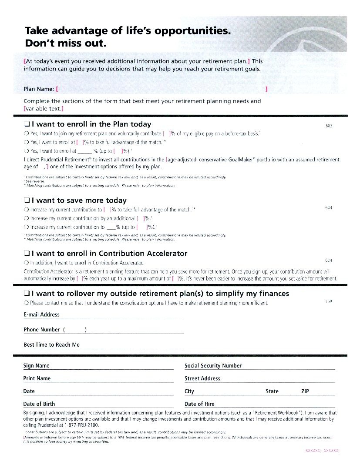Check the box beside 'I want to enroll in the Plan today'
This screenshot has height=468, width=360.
27,124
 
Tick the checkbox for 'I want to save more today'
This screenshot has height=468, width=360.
27,201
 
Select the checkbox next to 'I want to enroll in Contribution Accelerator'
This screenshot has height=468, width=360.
27,254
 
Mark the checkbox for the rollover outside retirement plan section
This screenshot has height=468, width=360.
27,294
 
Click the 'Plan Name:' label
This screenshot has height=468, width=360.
39,89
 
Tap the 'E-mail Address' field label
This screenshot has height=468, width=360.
41,314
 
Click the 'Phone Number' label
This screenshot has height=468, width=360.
41,330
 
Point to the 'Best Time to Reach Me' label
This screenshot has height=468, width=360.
51,345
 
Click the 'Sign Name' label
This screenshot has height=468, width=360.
36,366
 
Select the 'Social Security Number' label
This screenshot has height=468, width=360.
213,366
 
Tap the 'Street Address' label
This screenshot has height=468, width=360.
202,378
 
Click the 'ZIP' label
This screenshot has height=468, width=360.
305,391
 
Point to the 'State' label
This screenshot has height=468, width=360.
272,391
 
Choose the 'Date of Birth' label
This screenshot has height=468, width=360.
39,404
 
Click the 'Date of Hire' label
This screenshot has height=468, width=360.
199,404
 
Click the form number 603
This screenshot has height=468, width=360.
329,126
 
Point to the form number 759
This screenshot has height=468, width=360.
329,301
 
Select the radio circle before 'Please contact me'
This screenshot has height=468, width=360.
27,303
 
